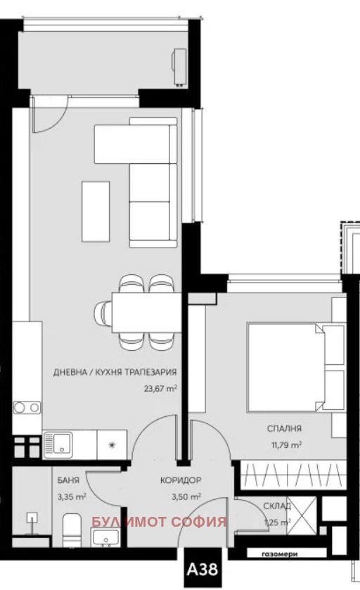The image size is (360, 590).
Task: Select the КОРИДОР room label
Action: (181, 480)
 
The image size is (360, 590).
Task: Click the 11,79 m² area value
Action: (285, 444)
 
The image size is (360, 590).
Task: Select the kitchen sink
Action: (58, 444)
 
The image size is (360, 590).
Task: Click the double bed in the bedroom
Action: (285, 366)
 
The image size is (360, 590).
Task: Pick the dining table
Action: (146, 312)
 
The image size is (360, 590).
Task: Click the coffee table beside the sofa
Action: (96, 211)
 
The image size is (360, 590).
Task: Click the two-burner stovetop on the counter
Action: (27, 407)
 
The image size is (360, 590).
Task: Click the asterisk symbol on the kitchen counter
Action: (110, 444)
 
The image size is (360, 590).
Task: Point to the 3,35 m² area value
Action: (72, 496)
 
